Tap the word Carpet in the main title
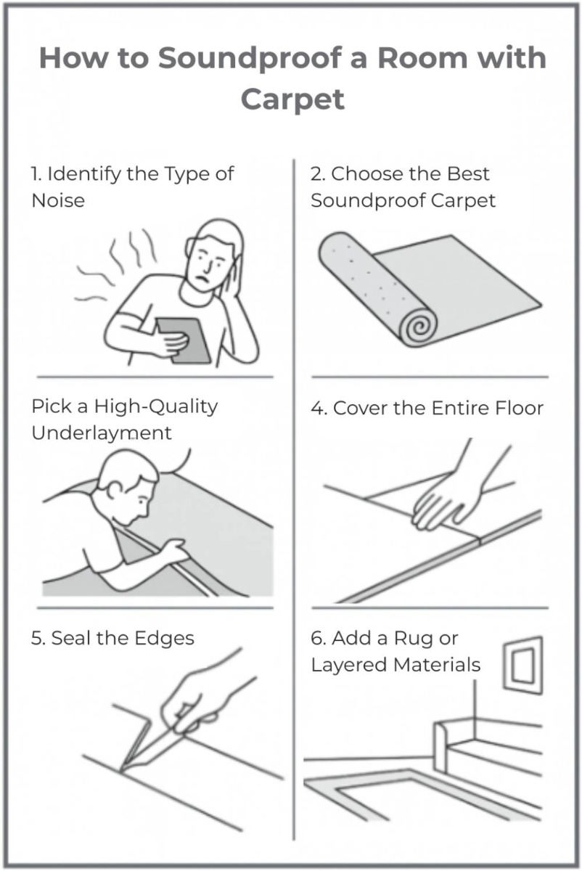pyautogui.click(x=292, y=97)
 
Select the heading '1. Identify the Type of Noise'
pyautogui.click(x=132, y=187)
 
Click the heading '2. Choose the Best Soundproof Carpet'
pyautogui.click(x=403, y=187)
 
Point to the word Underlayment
pyautogui.click(x=102, y=433)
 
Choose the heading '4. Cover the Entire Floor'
pyautogui.click(x=427, y=408)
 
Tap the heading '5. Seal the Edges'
pyautogui.click(x=112, y=638)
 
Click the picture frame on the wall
pyautogui.click(x=522, y=665)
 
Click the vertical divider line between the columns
pyautogui.click(x=292, y=508)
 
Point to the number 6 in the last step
pyautogui.click(x=316, y=639)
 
